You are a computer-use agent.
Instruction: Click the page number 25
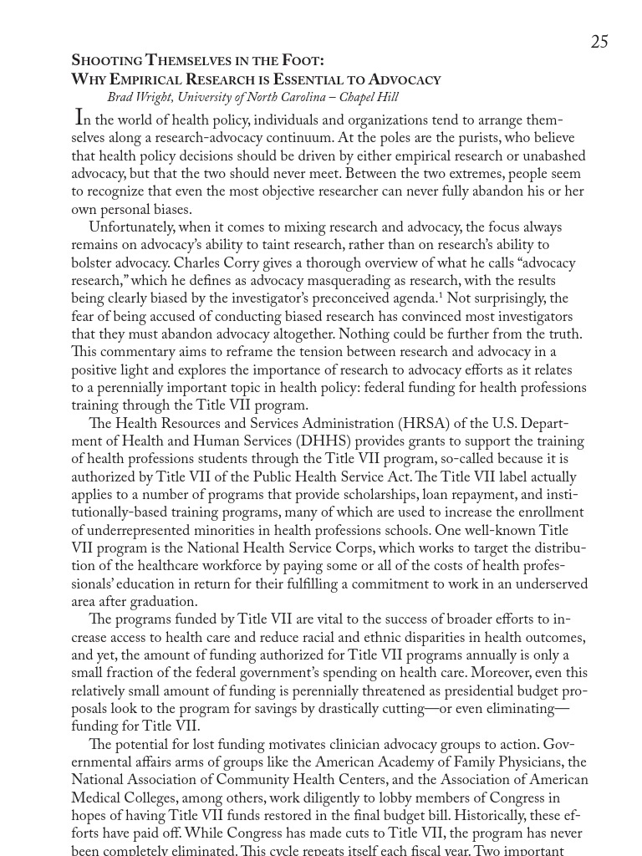pyautogui.click(x=599, y=42)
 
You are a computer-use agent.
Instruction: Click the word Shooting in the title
pyautogui.click(x=106, y=60)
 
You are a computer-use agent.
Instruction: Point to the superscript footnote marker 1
pyautogui.click(x=441, y=295)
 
